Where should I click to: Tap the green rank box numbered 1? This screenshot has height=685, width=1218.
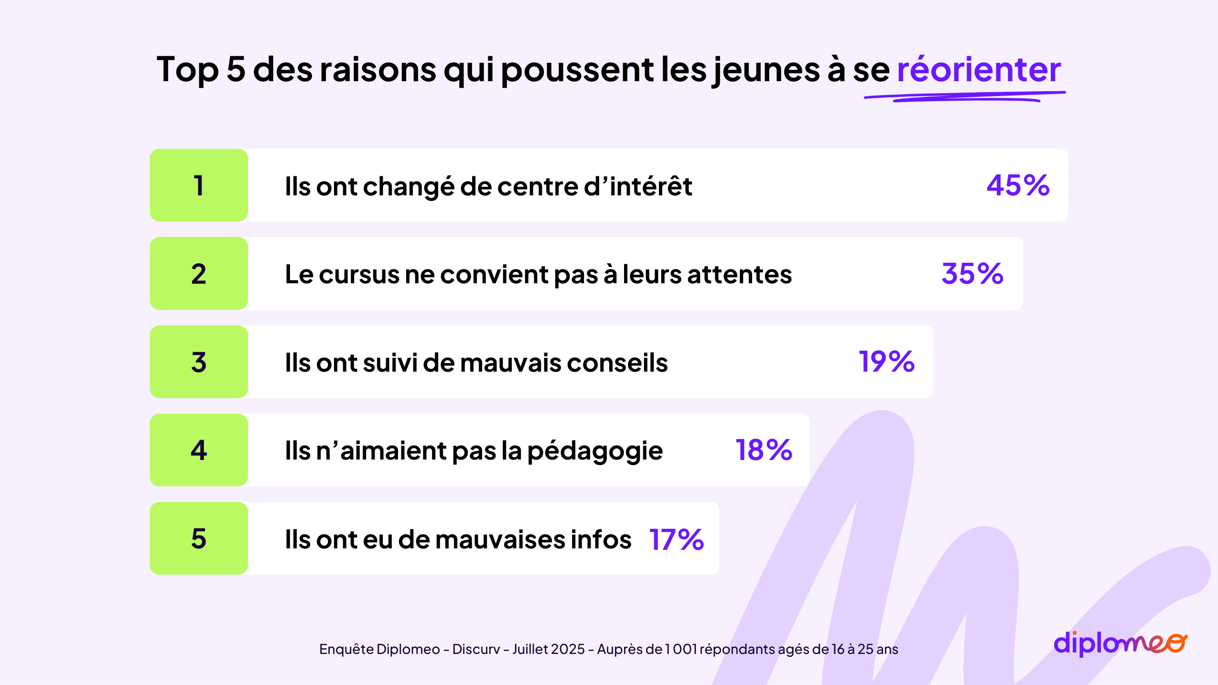(199, 185)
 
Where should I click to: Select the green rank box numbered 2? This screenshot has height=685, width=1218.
(199, 274)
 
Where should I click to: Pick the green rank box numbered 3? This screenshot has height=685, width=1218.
(199, 362)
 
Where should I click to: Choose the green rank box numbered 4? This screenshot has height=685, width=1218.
(199, 450)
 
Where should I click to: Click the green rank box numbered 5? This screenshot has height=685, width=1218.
(199, 538)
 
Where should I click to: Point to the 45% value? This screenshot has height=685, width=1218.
(1018, 185)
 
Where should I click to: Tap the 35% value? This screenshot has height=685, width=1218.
(972, 274)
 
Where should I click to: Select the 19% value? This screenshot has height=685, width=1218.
(886, 362)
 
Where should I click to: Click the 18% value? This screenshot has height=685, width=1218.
(764, 450)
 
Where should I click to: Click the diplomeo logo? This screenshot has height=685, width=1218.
(1120, 643)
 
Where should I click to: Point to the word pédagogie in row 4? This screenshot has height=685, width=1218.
(595, 451)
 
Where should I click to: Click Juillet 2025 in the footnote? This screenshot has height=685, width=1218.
(549, 649)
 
